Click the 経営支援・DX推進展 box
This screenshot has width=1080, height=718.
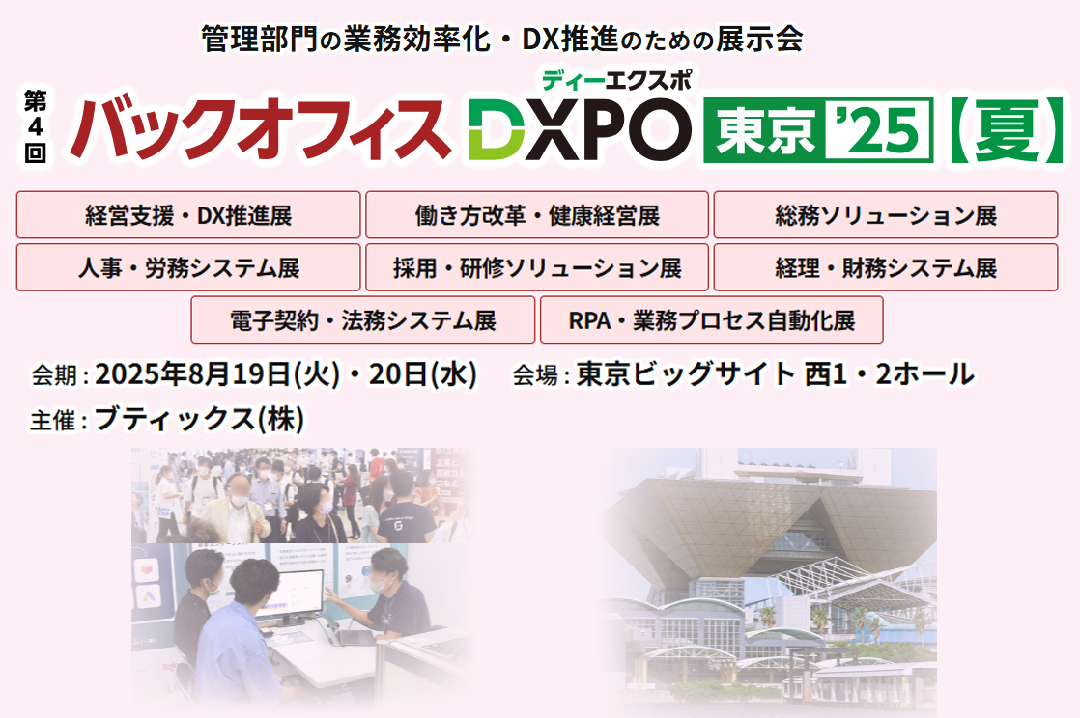point(188,215)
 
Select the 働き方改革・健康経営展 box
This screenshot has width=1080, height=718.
point(537,215)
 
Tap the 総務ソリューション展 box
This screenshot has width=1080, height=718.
point(885,215)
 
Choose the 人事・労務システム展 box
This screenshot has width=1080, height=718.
point(188,267)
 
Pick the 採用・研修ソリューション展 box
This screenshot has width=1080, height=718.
point(537,267)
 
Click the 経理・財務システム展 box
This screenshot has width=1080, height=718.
point(885,267)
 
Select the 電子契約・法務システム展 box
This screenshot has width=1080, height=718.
point(363,320)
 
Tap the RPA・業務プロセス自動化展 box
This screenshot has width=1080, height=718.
point(711,320)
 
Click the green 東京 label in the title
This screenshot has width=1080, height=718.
point(763,127)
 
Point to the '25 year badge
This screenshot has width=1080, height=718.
point(881,127)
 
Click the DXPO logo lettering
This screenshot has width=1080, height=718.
point(580,129)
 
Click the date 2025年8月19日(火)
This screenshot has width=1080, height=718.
point(216,374)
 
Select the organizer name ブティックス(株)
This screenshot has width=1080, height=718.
point(199,420)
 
